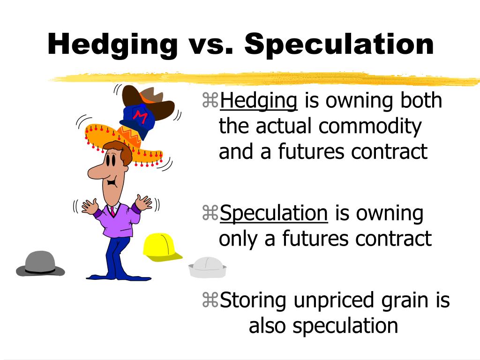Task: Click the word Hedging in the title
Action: pos(112,45)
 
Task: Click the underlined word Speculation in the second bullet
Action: pos(274,214)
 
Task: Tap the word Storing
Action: pos(254,300)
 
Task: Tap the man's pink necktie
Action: pos(113,211)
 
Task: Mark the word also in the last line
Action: pos(268,325)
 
